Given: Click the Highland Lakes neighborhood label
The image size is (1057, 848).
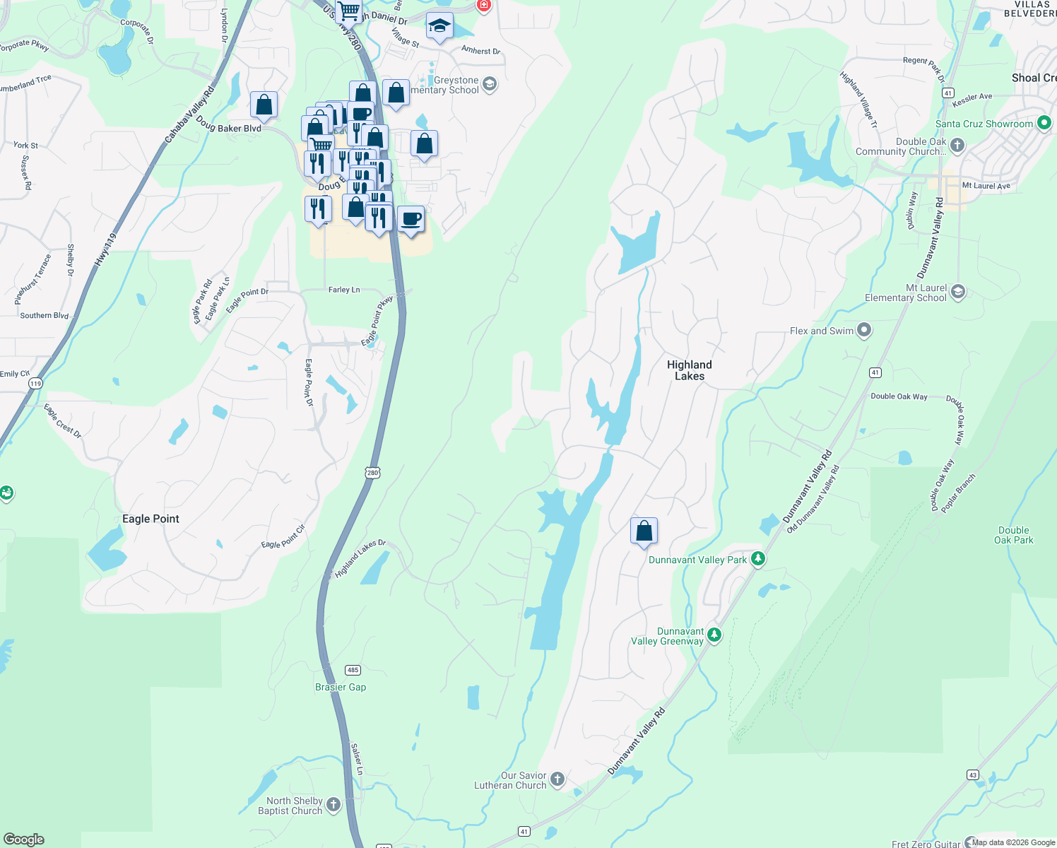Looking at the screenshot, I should (x=689, y=370).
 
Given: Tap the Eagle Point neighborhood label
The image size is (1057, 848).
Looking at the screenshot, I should (x=150, y=519).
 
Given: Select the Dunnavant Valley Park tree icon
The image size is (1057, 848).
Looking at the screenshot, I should (x=758, y=559).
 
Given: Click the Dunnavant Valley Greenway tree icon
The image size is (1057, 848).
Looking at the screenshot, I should (x=714, y=635).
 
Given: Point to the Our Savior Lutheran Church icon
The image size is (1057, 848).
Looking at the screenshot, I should (x=557, y=779).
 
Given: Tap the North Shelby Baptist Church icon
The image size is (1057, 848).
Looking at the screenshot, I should (x=333, y=804).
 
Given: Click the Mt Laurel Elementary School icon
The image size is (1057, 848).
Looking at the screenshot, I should (x=958, y=291).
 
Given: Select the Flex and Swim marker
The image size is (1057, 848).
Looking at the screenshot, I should (x=864, y=330).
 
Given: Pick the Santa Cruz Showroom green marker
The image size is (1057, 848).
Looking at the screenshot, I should (x=1044, y=123).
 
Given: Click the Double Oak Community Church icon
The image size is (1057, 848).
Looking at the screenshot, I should (x=957, y=146).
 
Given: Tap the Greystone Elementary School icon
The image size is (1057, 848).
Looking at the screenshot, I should (x=489, y=85).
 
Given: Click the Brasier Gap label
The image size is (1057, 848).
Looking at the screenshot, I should (x=341, y=687).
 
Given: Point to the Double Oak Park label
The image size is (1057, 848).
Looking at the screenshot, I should (x=1013, y=535).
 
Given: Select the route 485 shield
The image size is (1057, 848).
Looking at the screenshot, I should (x=353, y=670).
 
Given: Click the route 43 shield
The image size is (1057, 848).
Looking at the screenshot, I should (x=973, y=775).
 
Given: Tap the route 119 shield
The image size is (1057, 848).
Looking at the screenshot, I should (x=35, y=383).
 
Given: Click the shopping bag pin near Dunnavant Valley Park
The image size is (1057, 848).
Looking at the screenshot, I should (x=644, y=530).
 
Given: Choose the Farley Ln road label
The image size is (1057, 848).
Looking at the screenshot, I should (x=344, y=290).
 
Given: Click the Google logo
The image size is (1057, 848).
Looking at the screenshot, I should (x=24, y=839).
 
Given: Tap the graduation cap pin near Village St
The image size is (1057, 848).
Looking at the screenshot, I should (x=439, y=26).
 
